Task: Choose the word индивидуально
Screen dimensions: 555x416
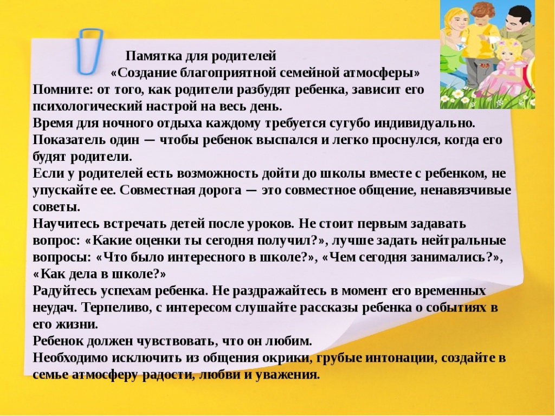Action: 424,123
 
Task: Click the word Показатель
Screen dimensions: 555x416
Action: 69,140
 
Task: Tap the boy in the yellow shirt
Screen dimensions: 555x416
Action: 480,42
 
